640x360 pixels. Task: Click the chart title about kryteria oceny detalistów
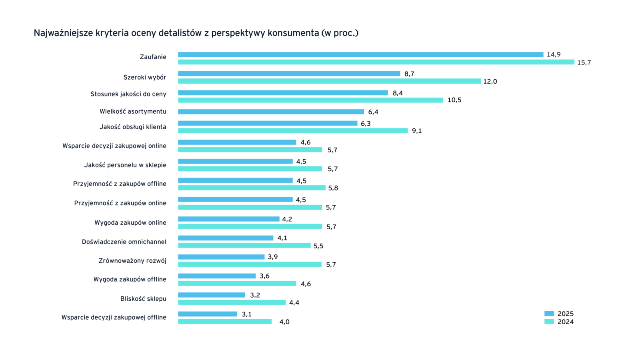tap(196, 33)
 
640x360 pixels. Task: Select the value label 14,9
tap(554, 54)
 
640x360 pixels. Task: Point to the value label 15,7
tap(584, 62)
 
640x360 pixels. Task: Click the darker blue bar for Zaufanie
tap(360, 54)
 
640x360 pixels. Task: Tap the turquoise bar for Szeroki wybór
tap(330, 81)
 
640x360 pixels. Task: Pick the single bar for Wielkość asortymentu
tap(271, 112)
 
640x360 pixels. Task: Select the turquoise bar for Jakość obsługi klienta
tap(293, 130)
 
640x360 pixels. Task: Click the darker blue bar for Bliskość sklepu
tap(212, 295)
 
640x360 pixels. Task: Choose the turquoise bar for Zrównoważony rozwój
tap(250, 264)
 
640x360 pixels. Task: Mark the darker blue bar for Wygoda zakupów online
tap(229, 219)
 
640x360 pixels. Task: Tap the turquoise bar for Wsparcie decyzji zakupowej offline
tap(225, 322)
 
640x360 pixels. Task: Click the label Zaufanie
tap(153, 57)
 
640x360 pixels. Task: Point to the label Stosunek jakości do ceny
tap(128, 94)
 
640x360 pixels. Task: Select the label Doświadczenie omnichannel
tap(124, 242)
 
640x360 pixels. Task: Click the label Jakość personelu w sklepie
tap(125, 165)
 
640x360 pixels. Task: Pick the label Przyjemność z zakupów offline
tap(120, 184)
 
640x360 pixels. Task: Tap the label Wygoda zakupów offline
tap(130, 279)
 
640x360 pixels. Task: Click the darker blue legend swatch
tap(549, 314)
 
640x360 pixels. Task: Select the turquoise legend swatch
tap(549, 322)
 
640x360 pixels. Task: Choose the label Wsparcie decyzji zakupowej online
tap(114, 146)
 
